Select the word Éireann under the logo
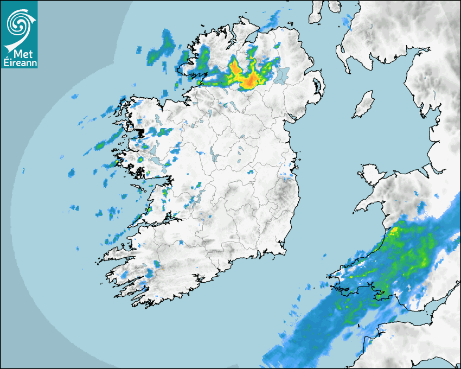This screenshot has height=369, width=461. [18, 62]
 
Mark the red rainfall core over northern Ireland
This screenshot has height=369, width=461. [249, 81]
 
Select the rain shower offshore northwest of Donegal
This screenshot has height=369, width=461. [159, 49]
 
